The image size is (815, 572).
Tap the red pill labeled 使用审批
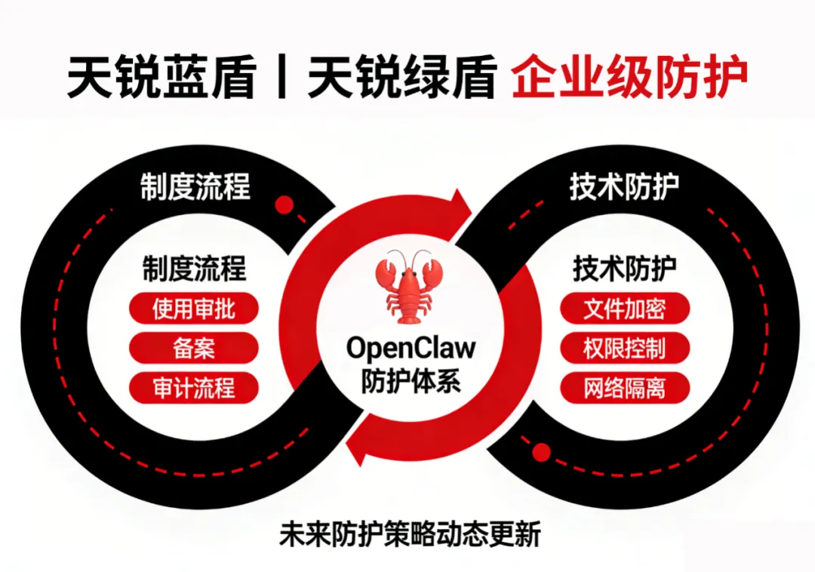point(194,308)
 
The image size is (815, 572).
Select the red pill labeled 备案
point(194,348)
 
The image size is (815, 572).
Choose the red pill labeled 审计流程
point(194,388)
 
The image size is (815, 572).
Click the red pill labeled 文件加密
point(625,308)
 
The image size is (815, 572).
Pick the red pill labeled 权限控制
point(625,348)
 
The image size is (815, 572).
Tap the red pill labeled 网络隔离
point(625,388)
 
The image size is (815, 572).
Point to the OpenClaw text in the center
point(411,348)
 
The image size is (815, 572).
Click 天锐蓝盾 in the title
point(161,78)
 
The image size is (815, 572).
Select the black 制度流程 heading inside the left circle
point(194,269)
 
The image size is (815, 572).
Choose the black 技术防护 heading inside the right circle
point(625,269)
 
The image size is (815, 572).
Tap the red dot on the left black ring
point(284,205)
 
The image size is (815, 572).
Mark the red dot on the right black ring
point(541,452)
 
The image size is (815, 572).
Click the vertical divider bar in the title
point(281,78)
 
